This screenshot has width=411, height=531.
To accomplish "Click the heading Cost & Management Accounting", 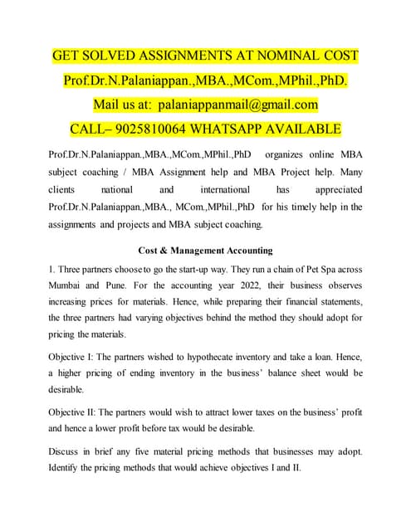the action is pyautogui.click(x=205, y=251).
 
